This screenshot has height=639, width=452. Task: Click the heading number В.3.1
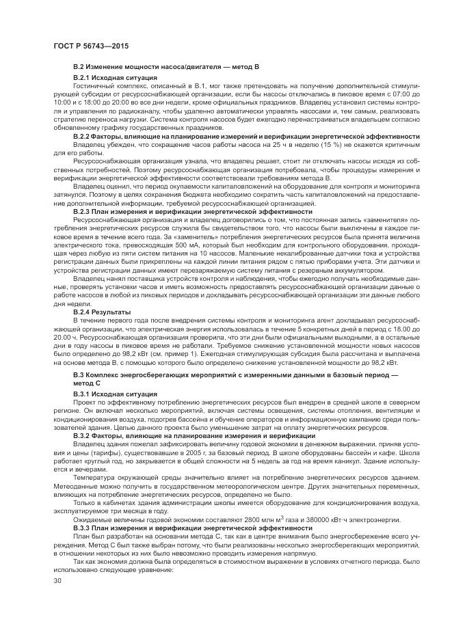82,394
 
